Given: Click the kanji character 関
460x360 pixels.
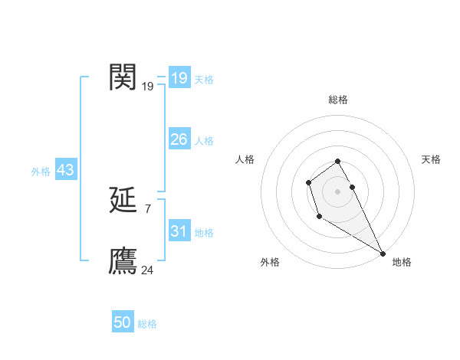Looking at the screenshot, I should (x=123, y=77).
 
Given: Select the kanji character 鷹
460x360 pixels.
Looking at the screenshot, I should (x=123, y=260).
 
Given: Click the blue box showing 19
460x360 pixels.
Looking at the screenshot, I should (x=179, y=78).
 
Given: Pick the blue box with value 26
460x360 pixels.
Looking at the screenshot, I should (x=179, y=139).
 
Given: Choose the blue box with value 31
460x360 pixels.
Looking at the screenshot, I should (x=179, y=231).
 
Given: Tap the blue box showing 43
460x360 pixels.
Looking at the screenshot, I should (x=65, y=170).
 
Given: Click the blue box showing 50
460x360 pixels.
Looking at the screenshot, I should (x=123, y=322).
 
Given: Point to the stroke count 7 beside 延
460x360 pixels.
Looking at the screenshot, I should (x=147, y=208).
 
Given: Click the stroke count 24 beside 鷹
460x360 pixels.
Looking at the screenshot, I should (x=148, y=270).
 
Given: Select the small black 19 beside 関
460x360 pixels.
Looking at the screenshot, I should (x=148, y=86).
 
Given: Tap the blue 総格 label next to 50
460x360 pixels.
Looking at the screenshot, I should (x=147, y=324).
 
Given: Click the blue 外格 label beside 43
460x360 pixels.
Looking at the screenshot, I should (x=41, y=172).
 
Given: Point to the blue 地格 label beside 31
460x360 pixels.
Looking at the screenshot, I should (x=204, y=233).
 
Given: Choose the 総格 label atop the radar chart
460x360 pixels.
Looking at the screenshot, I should (x=337, y=100).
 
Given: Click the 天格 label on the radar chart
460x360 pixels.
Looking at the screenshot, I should (x=431, y=159).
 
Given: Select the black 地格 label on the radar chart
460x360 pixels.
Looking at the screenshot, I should (x=402, y=263).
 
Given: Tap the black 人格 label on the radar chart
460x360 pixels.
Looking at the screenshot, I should (x=245, y=159).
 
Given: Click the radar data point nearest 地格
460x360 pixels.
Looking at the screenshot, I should (x=383, y=254).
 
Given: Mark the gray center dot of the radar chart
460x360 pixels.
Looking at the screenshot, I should (x=337, y=191).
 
